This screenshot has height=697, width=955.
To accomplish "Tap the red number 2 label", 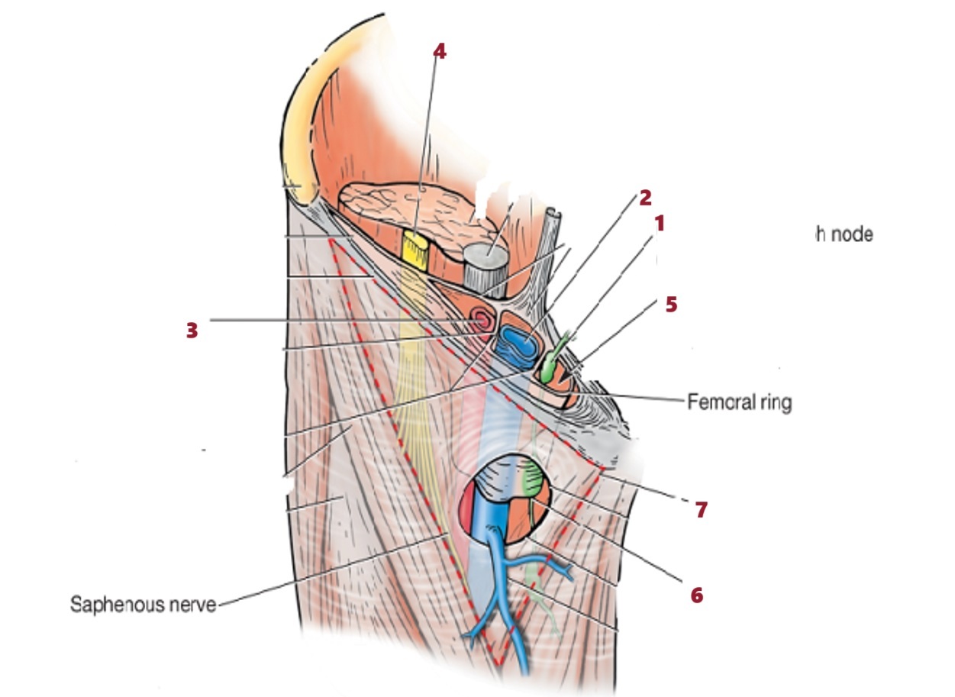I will [x=645, y=198].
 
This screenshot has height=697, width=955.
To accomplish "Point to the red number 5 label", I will [x=670, y=304].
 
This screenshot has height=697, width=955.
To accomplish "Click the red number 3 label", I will [x=192, y=331].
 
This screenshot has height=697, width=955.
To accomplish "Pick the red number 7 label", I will [x=701, y=510].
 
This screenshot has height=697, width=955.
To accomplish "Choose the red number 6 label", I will [x=696, y=594].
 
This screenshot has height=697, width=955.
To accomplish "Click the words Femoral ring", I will [x=739, y=402].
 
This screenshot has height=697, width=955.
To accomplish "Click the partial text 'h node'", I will [x=844, y=234].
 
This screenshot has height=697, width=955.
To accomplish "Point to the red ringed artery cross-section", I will [x=482, y=318].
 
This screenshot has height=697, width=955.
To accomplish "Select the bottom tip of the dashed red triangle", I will [x=498, y=663].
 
